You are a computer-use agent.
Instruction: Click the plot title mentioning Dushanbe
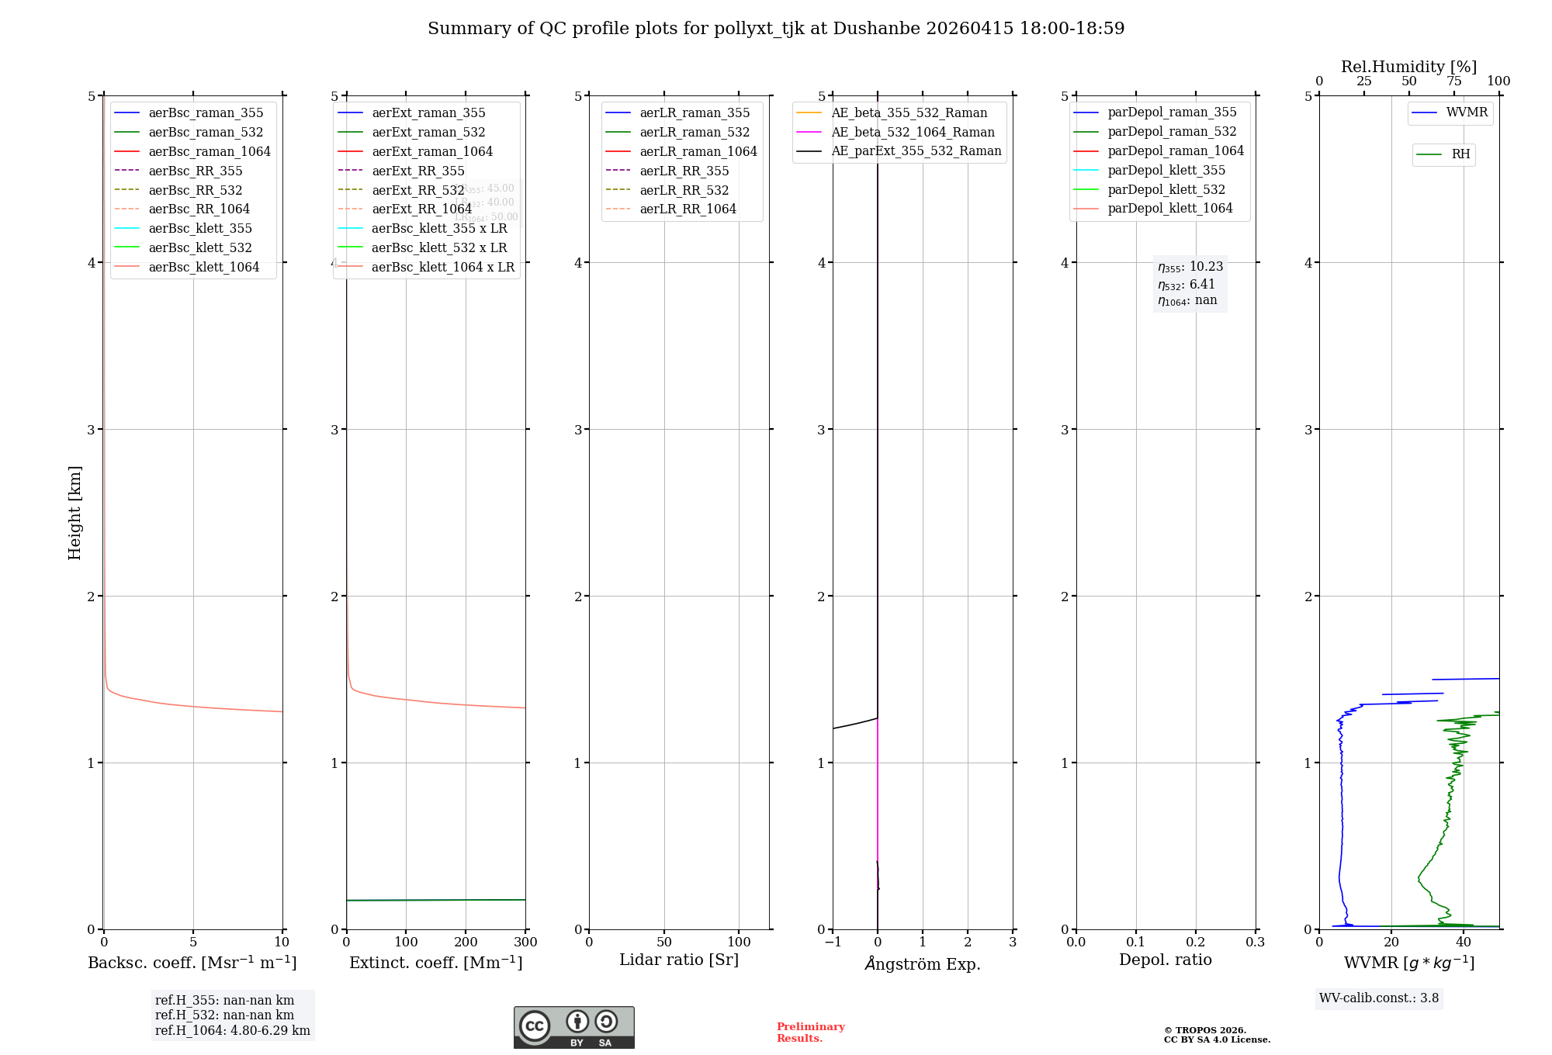pos(776,29)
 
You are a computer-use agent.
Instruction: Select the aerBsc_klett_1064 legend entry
pos(204,267)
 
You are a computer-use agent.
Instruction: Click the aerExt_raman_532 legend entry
pos(428,132)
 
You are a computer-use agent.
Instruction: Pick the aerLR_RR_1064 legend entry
pos(688,209)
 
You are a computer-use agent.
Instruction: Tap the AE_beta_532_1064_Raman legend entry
pos(913,132)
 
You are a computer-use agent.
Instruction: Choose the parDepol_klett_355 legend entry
pos(1166,170)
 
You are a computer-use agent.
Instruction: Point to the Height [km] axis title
pos(74,513)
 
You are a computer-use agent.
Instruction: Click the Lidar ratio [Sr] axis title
pos(679,960)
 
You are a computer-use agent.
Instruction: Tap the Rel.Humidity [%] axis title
pos(1408,67)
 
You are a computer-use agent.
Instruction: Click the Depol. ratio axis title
pos(1165,960)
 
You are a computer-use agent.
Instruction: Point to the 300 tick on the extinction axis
pos(525,943)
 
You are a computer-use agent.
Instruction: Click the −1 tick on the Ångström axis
pos(833,943)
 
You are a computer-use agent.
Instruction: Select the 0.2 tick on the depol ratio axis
pos(1196,943)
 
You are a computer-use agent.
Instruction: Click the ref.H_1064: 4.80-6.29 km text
pos(232,1030)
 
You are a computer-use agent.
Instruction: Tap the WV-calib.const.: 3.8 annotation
pos(1379,998)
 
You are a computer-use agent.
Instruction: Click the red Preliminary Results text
pos(810,1032)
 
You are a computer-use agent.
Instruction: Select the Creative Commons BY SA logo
pos(573,1027)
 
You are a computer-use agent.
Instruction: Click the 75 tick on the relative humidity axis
pos(1454,81)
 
